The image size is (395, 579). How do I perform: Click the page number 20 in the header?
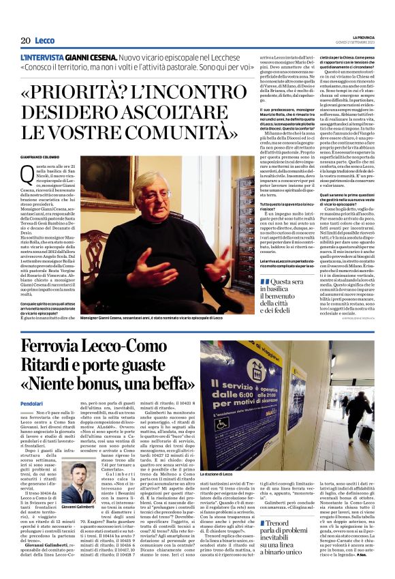click(25, 41)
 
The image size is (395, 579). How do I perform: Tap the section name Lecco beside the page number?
click(46, 41)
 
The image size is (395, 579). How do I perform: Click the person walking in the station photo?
click(358, 409)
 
